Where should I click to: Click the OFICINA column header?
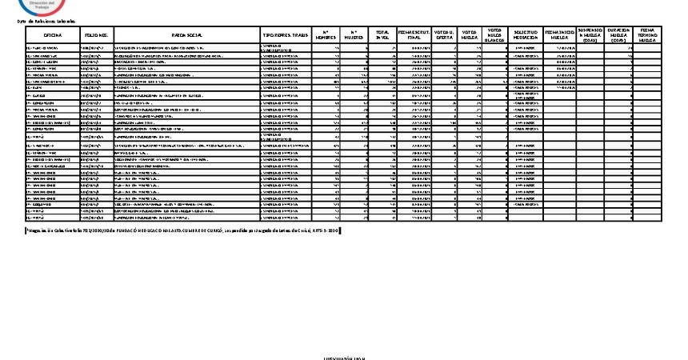click(53, 36)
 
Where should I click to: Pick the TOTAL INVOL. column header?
click(382, 36)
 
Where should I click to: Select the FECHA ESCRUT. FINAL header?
click(414, 36)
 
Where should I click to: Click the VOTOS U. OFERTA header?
click(444, 36)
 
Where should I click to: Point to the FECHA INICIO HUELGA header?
click(559, 36)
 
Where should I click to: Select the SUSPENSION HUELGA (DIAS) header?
click(590, 36)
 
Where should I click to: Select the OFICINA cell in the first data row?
click(53, 49)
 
